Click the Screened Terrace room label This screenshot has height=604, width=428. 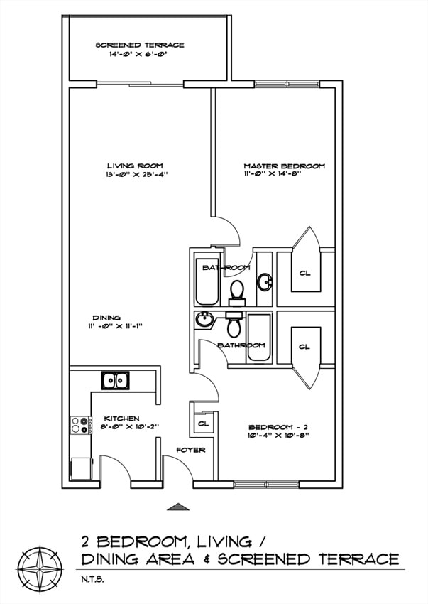tap(140, 45)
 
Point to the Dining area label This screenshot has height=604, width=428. tap(106, 318)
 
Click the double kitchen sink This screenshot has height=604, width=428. tap(116, 380)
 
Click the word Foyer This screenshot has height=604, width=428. tap(191, 450)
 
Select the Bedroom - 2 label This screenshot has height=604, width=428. tap(278, 426)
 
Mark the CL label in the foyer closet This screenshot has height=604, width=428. tap(203, 424)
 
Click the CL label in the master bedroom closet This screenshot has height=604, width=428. tap(304, 273)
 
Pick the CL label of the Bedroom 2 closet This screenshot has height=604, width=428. tap(304, 347)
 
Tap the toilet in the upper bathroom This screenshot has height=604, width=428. tap(237, 290)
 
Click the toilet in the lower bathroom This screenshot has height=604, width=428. tap(234, 327)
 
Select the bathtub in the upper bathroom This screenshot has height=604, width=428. tap(208, 281)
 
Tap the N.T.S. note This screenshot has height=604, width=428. tap(92, 579)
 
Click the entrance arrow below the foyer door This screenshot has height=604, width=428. tap(179, 507)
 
